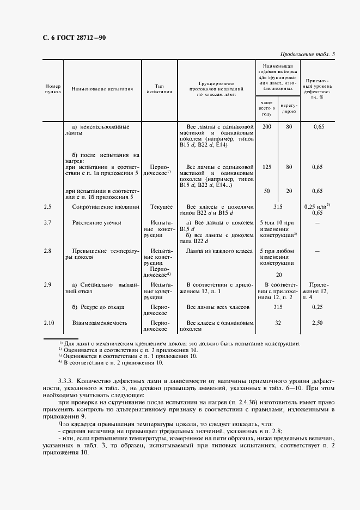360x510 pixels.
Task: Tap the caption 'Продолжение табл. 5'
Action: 307,54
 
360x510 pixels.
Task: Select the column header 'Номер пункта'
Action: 53,89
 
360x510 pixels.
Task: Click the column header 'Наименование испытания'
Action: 102,89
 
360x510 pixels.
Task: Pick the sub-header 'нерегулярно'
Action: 289,107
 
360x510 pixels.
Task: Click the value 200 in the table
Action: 266,126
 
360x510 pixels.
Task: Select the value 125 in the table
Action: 266,167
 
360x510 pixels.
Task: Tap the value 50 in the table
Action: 266,191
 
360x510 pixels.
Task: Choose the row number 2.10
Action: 49,323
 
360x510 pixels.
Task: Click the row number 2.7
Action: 48,222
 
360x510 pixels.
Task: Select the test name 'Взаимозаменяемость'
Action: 100,323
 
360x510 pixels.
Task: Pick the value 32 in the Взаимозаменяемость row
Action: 278,323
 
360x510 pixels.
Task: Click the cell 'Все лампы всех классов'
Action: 217,307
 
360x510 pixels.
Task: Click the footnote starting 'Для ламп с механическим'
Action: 182,343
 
